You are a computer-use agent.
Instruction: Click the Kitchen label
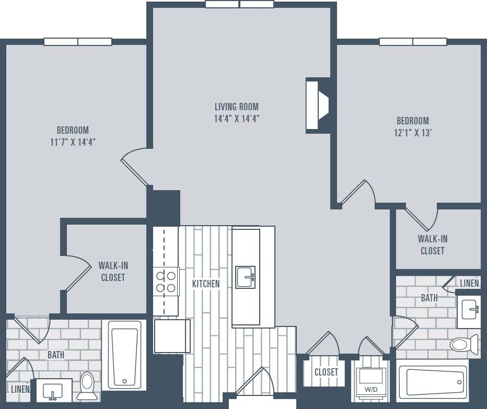click(x=206, y=284)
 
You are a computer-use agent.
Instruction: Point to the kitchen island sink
click(x=245, y=277)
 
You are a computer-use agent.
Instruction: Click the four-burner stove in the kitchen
click(x=166, y=282)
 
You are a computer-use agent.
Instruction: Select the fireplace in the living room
click(x=317, y=105)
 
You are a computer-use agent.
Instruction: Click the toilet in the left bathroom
click(x=87, y=385)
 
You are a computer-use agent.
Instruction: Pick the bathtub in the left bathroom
click(x=124, y=354)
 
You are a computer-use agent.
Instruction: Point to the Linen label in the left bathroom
click(x=20, y=389)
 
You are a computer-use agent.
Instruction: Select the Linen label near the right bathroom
click(x=469, y=283)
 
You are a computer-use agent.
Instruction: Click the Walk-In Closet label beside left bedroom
click(x=113, y=271)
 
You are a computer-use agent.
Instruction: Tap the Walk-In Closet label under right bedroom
click(x=433, y=244)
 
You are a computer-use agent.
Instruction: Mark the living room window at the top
click(x=239, y=4)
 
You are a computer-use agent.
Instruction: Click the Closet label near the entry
click(x=327, y=372)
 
